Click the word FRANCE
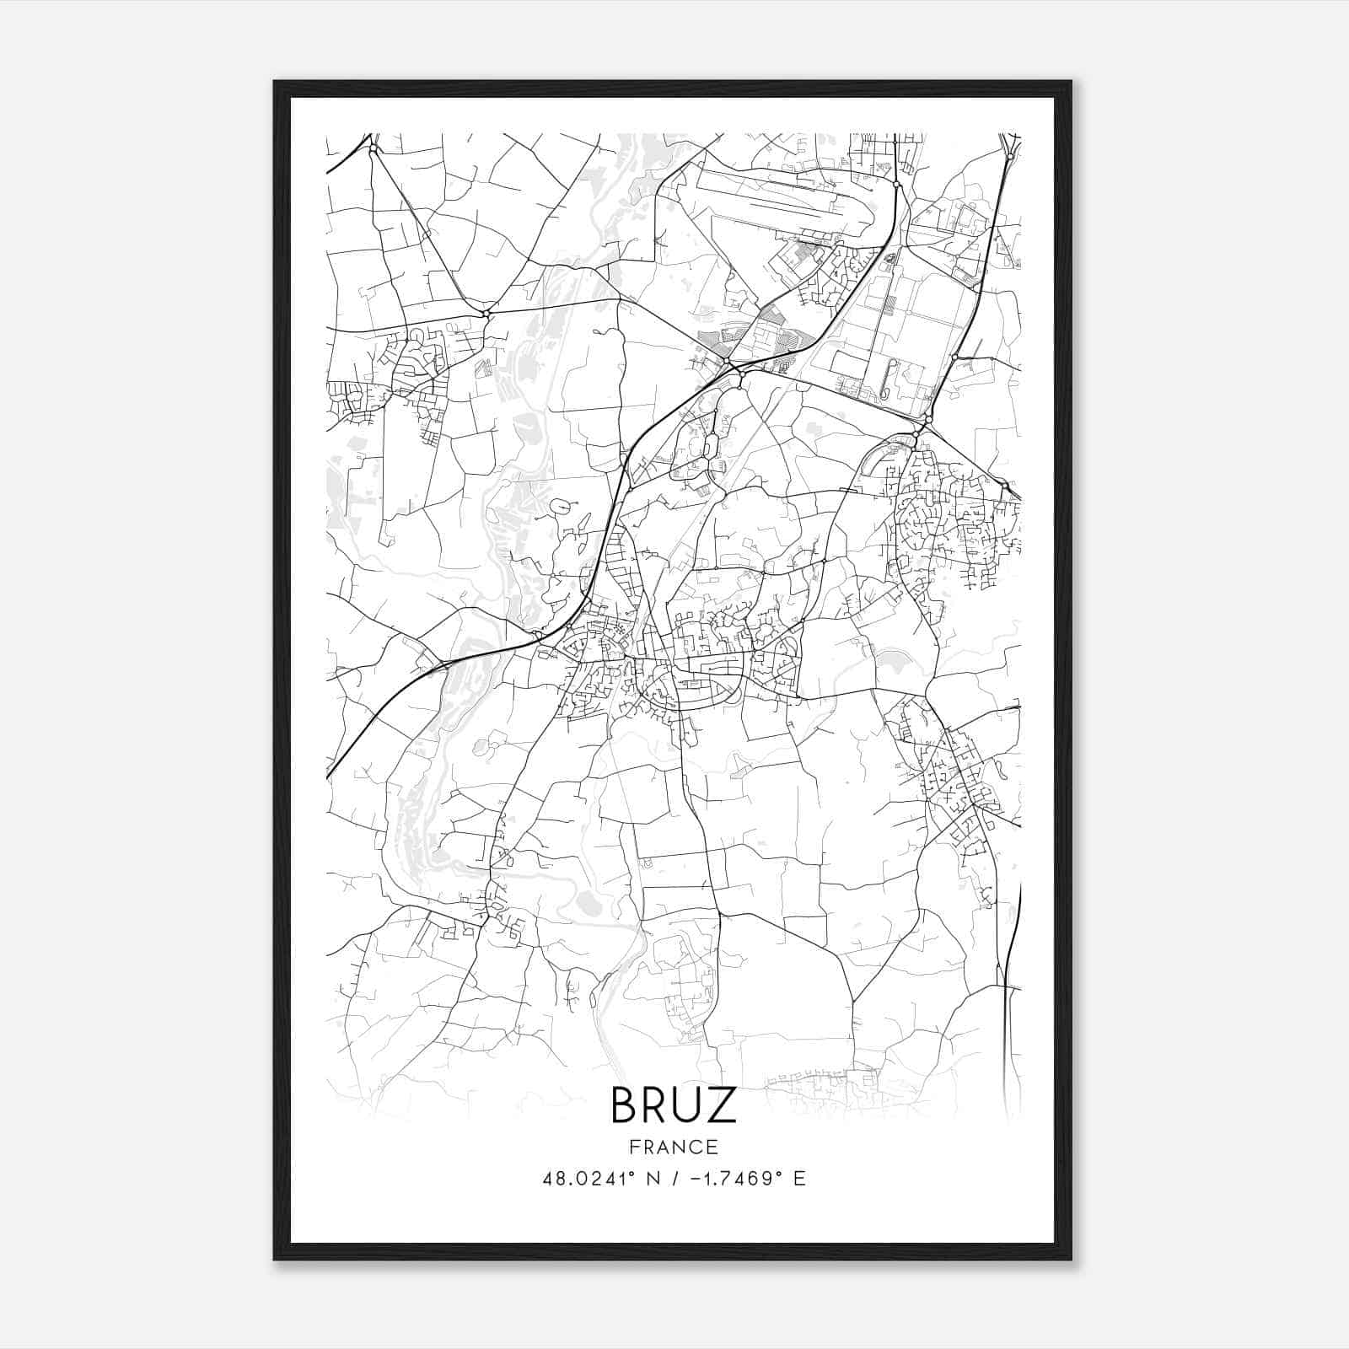pos(674,1147)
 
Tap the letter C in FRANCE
pos(697,1147)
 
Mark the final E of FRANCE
pos(712,1147)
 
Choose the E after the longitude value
pos(800,1179)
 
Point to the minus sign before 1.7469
pos(695,1179)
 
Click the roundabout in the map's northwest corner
pos(372,148)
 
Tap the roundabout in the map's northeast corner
pos(1010,157)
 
